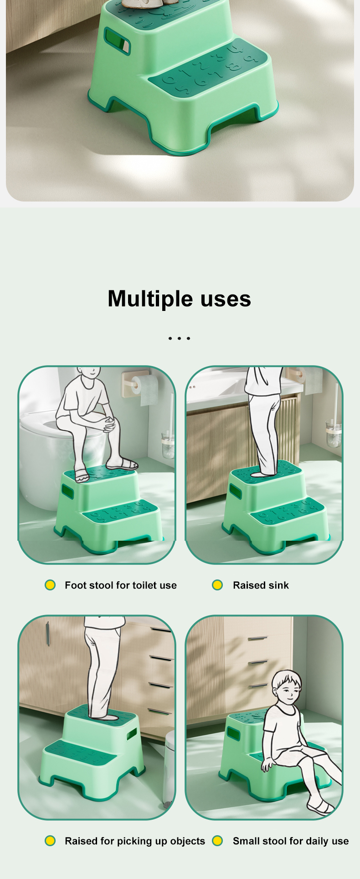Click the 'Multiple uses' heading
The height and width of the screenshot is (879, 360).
pyautogui.click(x=179, y=299)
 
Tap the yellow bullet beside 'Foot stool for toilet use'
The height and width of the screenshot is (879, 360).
pyautogui.click(x=50, y=585)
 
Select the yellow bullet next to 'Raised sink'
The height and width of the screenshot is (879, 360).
pyautogui.click(x=217, y=585)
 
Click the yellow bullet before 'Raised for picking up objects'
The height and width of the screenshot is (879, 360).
pyautogui.click(x=50, y=841)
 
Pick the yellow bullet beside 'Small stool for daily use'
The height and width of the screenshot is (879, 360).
pyautogui.click(x=217, y=841)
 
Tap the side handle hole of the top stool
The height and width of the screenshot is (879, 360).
pyautogui.click(x=118, y=41)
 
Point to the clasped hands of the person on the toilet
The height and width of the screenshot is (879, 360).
pyautogui.click(x=108, y=424)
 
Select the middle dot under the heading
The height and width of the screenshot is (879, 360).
pyautogui.click(x=179, y=338)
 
